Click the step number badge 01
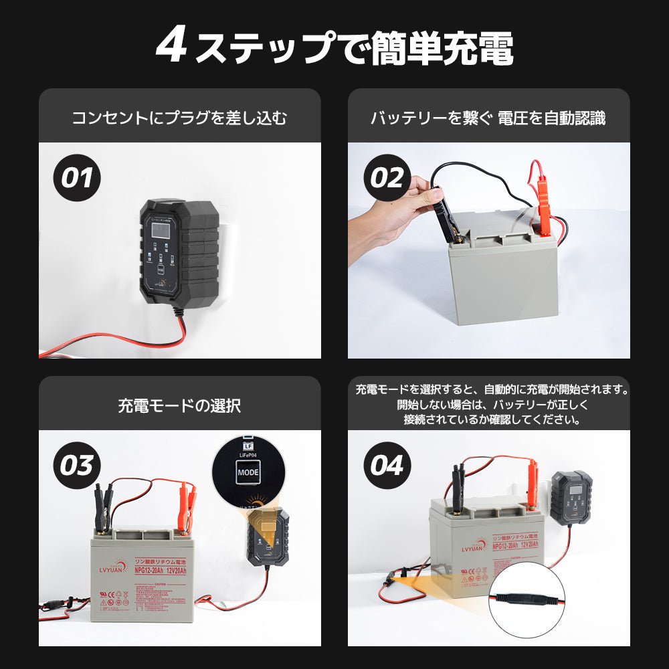click(x=77, y=178)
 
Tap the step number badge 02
click(x=387, y=178)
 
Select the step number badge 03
click(x=77, y=466)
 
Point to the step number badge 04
click(x=387, y=466)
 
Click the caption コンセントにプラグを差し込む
click(x=179, y=118)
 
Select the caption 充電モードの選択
click(x=179, y=406)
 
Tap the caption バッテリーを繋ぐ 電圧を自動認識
click(x=488, y=118)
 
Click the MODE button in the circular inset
click(x=248, y=472)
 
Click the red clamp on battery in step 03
click(x=185, y=505)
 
